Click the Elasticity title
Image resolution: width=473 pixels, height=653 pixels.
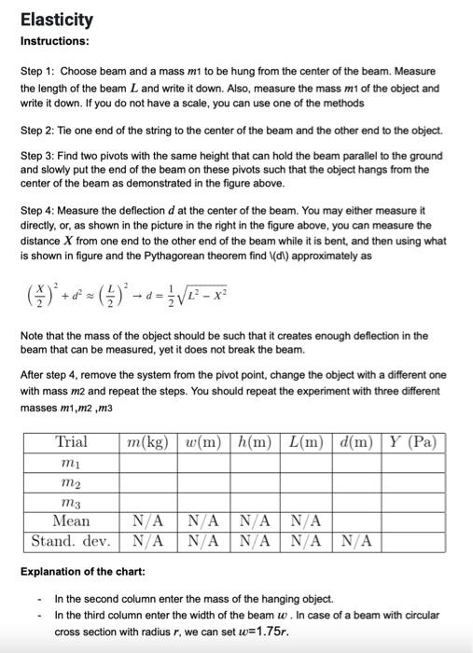pos(56,20)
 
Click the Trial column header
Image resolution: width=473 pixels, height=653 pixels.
pos(72,441)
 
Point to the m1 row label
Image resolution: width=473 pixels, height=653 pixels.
pos(72,463)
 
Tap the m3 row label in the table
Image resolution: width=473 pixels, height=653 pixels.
pos(72,503)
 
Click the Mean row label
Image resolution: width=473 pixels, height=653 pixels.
pos(72,521)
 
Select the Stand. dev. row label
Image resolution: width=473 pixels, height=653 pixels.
pos(72,540)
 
